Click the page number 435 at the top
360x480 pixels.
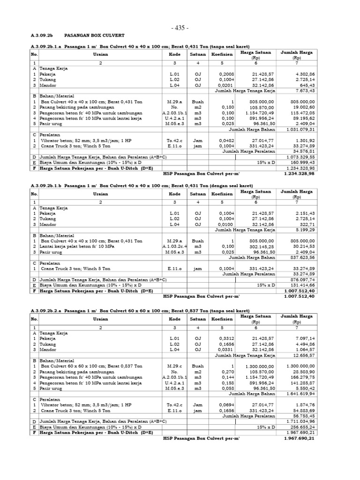(x=180, y=28)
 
